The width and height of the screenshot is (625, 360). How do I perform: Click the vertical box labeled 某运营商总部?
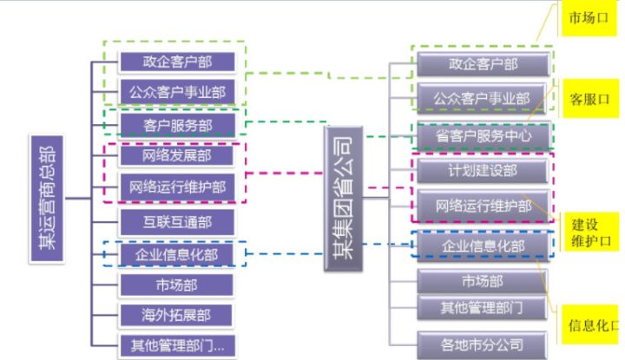pyautogui.click(x=45, y=199)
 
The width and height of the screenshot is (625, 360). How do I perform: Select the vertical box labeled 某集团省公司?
pyautogui.click(x=343, y=199)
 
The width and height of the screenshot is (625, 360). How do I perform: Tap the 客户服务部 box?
pyautogui.click(x=176, y=125)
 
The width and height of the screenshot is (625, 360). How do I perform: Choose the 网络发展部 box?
pyautogui.click(x=176, y=155)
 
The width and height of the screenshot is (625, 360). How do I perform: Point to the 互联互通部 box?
pyautogui.click(x=176, y=220)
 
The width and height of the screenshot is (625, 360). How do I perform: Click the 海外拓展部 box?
pyautogui.click(x=176, y=314)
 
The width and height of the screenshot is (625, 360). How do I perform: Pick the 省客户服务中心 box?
pyautogui.click(x=483, y=137)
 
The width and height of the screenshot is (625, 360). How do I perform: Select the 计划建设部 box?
pyautogui.click(x=483, y=170)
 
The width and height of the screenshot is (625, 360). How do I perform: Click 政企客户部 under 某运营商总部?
pyautogui.click(x=176, y=61)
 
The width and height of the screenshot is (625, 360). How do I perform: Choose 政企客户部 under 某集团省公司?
pyautogui.click(x=483, y=64)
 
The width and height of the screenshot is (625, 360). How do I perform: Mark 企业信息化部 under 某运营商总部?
pyautogui.click(x=176, y=253)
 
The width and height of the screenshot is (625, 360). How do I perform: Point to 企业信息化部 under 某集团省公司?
pyautogui.click(x=483, y=245)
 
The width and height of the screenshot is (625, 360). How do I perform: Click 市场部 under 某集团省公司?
pyautogui.click(x=483, y=281)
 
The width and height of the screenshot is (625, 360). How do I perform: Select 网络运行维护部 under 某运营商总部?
pyautogui.click(x=176, y=186)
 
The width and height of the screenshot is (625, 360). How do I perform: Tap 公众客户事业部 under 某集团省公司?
pyautogui.click(x=483, y=97)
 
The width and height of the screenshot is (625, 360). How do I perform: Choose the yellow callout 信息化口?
pyautogui.click(x=591, y=324)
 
